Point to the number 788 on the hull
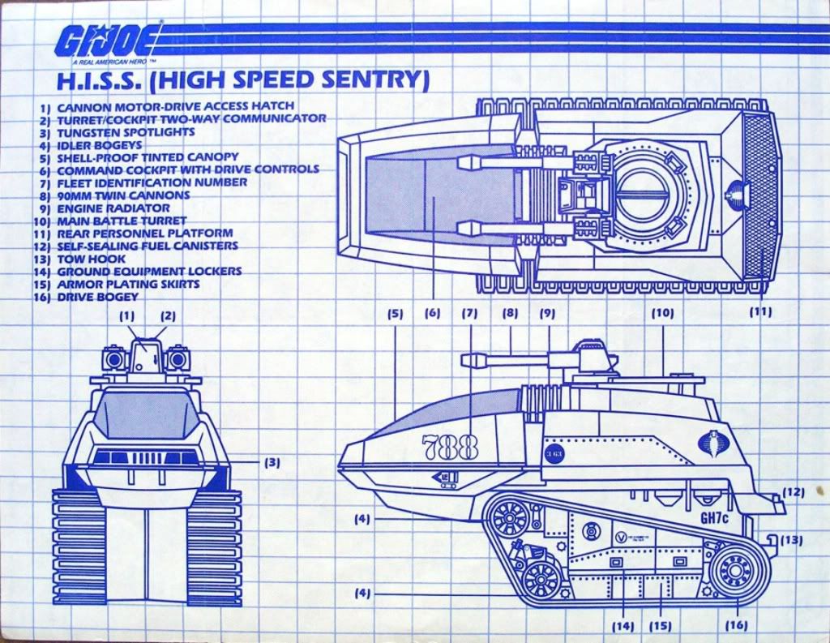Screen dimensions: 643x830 coord(449,446)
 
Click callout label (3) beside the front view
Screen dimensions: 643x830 coord(272,463)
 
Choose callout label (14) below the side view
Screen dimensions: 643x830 coord(623,625)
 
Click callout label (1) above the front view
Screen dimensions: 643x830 coord(128,316)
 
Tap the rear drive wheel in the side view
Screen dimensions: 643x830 coord(735,570)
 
